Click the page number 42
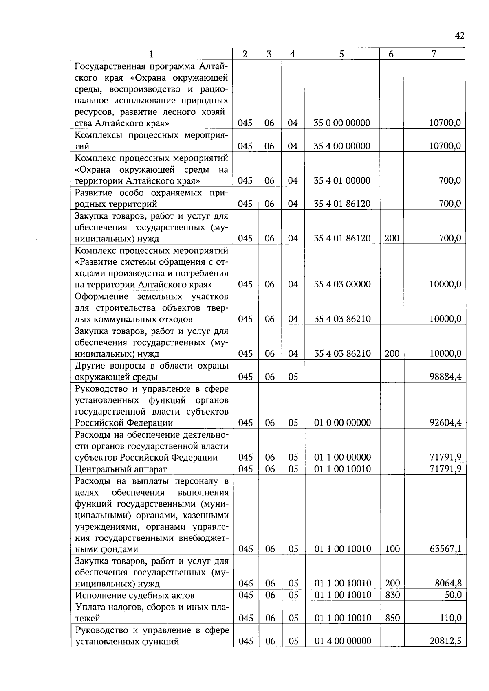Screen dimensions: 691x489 coord(459,36)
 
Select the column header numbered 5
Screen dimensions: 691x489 coord(341,54)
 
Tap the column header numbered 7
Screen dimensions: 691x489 coord(434,54)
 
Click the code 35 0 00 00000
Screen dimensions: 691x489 coord(342,123)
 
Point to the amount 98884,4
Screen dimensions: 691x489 coord(445,377)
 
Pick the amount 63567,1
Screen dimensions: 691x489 coord(445,549)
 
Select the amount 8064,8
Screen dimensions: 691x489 coord(448,584)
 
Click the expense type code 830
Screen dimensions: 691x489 coord(392,595)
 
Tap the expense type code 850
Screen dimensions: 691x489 coord(392,618)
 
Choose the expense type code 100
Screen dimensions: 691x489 coord(392,549)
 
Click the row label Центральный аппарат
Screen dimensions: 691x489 coord(121,469)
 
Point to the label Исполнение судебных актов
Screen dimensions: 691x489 coord(135,595)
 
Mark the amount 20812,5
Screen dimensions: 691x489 coord(445,641)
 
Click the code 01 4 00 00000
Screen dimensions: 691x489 coord(342,641)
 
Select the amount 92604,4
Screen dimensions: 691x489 coord(445,423)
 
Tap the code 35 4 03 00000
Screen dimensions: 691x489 coord(342,284)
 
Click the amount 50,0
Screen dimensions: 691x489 coord(453,595)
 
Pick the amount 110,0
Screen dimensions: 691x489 coord(450,618)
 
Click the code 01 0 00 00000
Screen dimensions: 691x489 coord(342,423)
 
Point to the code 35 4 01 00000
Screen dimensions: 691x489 coord(342,180)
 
